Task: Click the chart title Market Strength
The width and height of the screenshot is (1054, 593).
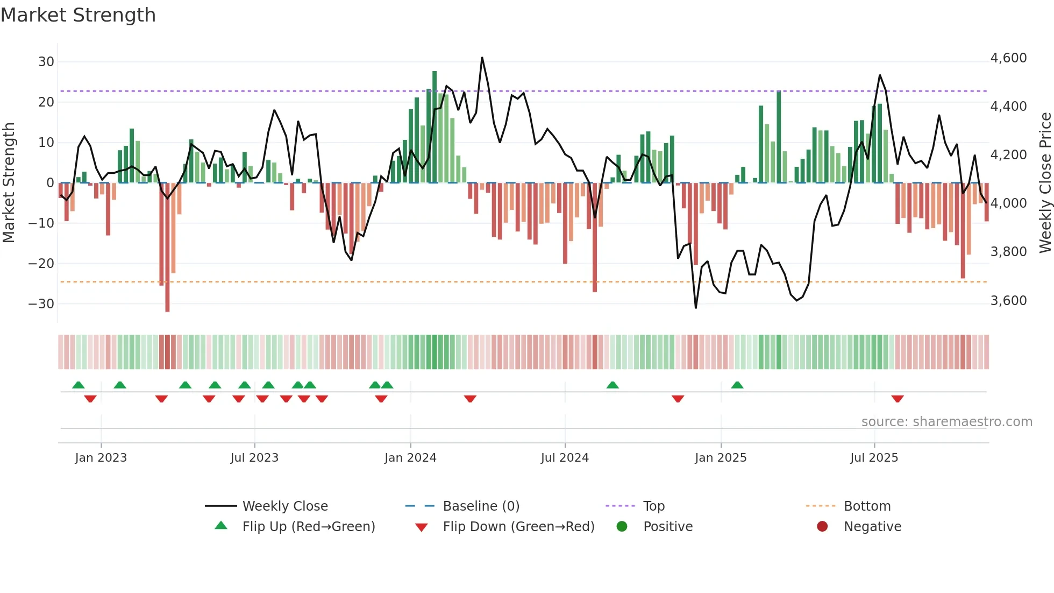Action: point(78,15)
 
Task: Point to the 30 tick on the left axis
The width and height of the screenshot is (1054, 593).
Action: point(46,62)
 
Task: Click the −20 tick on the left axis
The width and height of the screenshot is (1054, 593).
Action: point(41,264)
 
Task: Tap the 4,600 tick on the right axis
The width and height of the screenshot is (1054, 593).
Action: point(1008,58)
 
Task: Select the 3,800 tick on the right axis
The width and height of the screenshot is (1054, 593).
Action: point(1008,252)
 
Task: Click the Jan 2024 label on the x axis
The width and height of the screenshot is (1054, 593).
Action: point(410,458)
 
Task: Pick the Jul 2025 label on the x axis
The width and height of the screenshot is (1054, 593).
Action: point(874,458)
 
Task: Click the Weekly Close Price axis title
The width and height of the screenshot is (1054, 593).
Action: point(1045,183)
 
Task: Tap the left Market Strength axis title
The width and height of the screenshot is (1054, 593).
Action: point(9,183)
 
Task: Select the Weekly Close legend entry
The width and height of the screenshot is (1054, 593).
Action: point(284,506)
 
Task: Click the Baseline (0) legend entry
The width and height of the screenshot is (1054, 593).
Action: point(481,506)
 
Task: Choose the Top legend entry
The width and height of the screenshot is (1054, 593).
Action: point(654,506)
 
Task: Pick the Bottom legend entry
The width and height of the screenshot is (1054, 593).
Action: point(867,506)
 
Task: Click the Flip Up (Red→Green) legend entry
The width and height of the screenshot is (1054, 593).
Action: point(308,527)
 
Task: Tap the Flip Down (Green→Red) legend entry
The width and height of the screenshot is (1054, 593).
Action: point(518,527)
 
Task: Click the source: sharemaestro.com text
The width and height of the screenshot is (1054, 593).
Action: point(946,422)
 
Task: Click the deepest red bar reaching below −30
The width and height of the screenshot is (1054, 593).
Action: point(167,248)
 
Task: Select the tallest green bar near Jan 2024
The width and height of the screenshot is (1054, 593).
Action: point(435,127)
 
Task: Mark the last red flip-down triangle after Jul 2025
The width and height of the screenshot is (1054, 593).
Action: point(897,399)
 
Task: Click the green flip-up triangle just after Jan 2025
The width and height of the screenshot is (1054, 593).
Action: point(737,385)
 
